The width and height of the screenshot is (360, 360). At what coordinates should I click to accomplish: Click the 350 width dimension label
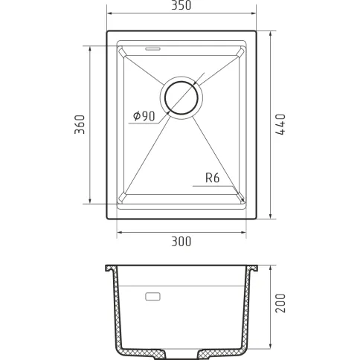click(x=181, y=5)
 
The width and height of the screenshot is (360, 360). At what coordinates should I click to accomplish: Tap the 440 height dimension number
click(x=280, y=124)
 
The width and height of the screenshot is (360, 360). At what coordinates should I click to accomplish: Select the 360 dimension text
click(x=80, y=124)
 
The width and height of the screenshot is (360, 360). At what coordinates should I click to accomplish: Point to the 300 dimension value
click(x=181, y=242)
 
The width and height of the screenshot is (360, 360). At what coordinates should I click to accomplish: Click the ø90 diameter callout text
click(x=144, y=116)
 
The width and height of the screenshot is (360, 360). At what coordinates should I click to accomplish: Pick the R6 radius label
click(x=213, y=178)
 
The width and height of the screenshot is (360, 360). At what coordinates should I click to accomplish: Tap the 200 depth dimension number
click(x=280, y=303)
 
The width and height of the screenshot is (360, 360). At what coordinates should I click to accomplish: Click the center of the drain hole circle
click(x=181, y=97)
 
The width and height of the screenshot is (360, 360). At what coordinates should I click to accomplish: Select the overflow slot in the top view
click(x=153, y=48)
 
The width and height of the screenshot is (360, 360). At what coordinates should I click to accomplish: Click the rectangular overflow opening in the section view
click(x=152, y=297)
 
